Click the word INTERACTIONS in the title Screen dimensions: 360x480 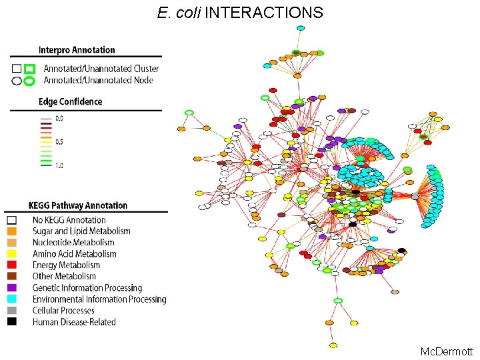click(264, 12)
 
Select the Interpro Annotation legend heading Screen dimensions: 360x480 click(77, 50)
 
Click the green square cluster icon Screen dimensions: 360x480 click(29, 69)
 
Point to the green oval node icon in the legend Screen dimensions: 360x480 click(29, 81)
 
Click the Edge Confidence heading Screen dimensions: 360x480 click(71, 102)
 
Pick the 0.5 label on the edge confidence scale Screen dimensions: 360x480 click(59, 141)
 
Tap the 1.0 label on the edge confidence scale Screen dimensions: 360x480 click(59, 165)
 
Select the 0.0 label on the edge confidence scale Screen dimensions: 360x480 click(59, 118)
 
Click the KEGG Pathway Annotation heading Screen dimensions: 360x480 click(78, 206)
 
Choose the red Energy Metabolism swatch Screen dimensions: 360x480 click(12, 265)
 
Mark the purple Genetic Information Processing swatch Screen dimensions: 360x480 click(12, 288)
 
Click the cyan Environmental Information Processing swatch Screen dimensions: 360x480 click(12, 299)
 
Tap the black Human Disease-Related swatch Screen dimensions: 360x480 click(12, 322)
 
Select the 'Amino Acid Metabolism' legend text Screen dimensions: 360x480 click(75, 254)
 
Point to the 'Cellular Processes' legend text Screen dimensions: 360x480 click(64, 311)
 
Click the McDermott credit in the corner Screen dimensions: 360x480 click(446, 351)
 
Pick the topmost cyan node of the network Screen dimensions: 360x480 click(301, 28)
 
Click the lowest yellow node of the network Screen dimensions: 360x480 click(333, 345)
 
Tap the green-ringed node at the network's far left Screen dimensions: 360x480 click(189, 113)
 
